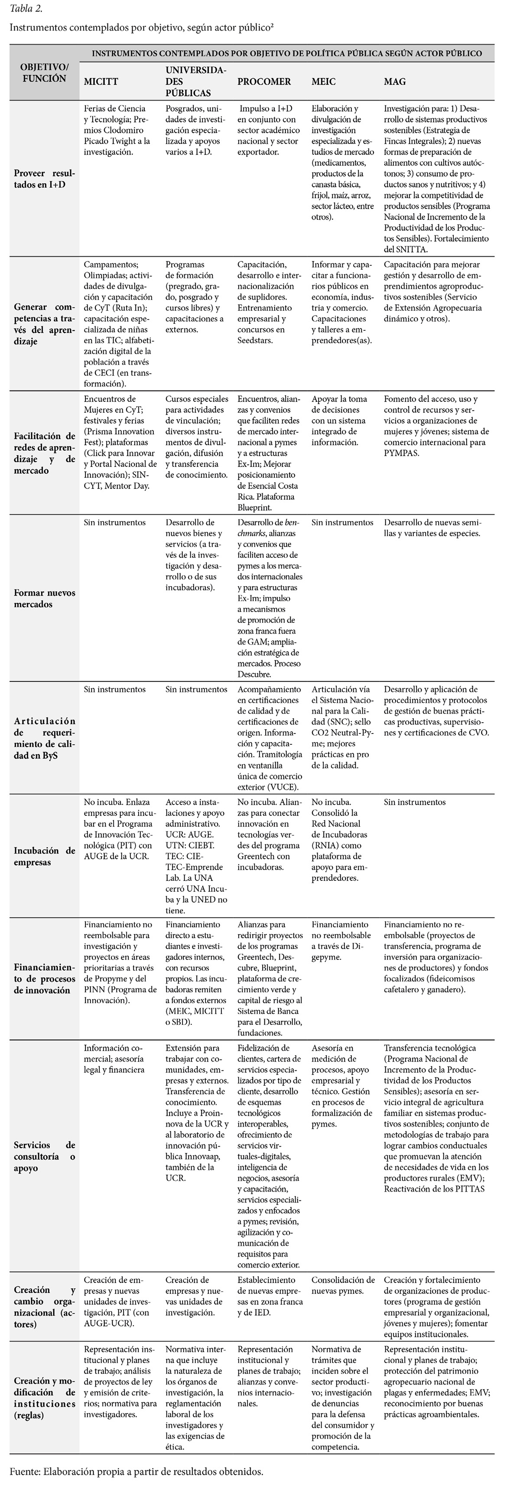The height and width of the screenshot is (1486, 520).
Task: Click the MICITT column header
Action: pos(101,82)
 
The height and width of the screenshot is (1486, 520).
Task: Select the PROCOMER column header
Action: pos(264,82)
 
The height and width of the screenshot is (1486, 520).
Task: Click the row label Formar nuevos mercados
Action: pos(44,598)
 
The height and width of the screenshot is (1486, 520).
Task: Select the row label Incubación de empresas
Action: pos(44,857)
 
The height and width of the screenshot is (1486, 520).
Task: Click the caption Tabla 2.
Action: pos(26,9)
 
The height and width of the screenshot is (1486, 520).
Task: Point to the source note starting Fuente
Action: pos(136,1470)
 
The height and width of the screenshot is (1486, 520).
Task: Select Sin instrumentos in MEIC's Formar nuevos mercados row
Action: pos(342,523)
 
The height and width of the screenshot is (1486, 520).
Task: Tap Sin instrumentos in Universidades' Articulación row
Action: pos(196,689)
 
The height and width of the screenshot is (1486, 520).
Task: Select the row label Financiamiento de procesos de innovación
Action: pos(44,978)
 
